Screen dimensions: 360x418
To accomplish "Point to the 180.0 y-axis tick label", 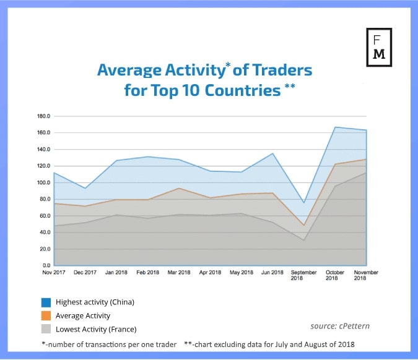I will pos(43,116).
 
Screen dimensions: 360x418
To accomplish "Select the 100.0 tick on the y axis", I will pos(43,183).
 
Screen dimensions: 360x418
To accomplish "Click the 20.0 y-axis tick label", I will pos(45,249).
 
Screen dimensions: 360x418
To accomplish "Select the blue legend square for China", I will pos(46,302).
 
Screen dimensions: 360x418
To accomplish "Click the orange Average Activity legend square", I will pos(46,316).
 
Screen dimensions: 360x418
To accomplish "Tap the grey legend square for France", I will pos(46,329).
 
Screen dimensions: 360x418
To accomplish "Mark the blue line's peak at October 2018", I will pos(335,127).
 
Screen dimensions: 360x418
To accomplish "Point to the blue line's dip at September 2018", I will pos(304,203).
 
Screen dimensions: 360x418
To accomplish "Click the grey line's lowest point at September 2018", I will pos(304,240).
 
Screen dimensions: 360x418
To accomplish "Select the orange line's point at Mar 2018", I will pos(179,188).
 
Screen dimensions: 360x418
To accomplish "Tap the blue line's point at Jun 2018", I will pos(272,153).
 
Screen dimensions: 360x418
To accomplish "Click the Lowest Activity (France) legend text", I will pos(95,329).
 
